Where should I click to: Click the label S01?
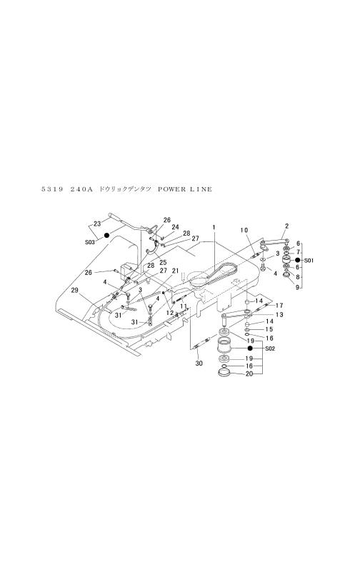[309, 260]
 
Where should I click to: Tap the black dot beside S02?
[250, 348]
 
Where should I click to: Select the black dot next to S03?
[106, 236]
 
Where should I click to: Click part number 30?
[199, 363]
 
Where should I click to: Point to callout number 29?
[74, 291]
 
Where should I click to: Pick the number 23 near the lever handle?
[96, 224]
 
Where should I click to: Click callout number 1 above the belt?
[214, 228]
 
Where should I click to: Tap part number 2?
[287, 226]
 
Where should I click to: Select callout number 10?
[244, 230]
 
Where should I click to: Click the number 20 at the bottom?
[249, 374]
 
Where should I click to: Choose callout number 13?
[279, 315]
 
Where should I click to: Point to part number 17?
[279, 305]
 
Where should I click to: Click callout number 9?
[298, 288]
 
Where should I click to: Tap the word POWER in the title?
[171, 189]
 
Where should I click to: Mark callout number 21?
[176, 271]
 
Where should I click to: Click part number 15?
[269, 329]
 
